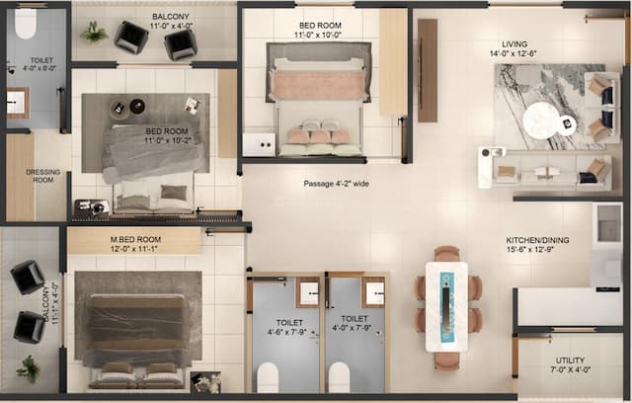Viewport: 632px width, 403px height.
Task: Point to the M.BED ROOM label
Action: (x=108, y=239)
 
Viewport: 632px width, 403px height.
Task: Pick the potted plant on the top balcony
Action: (x=95, y=34)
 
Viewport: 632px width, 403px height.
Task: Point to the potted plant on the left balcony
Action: (x=29, y=367)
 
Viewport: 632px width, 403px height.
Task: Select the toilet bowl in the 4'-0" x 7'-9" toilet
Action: (x=341, y=377)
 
